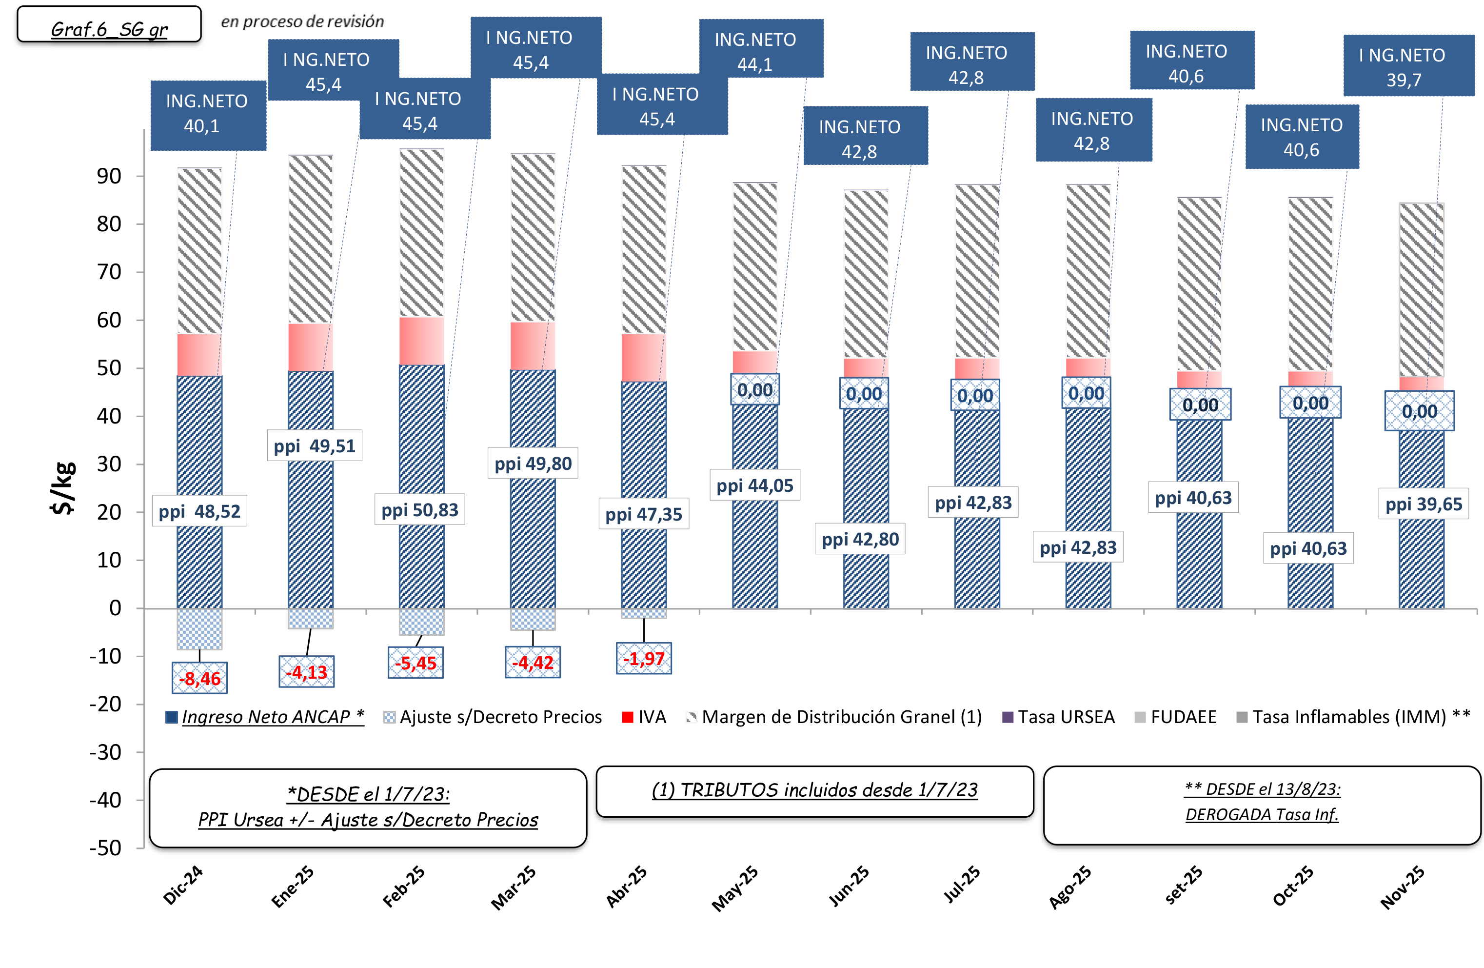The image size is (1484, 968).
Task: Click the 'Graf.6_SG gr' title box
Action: (x=109, y=25)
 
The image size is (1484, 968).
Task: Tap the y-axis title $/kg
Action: (x=63, y=488)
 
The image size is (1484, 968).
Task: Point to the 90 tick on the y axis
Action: (x=109, y=177)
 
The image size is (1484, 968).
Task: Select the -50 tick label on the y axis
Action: (x=105, y=848)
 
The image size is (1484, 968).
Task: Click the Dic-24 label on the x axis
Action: (x=183, y=885)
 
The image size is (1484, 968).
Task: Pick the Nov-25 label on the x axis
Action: (x=1403, y=887)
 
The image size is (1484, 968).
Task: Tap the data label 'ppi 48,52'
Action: (x=199, y=511)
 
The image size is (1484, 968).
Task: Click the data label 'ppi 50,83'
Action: (x=419, y=510)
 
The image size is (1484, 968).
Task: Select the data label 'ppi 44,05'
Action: (x=754, y=485)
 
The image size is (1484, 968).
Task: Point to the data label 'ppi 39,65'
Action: (x=1424, y=504)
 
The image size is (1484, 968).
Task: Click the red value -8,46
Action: (x=199, y=678)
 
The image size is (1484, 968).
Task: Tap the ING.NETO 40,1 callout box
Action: (x=208, y=114)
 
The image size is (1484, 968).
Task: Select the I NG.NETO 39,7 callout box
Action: (x=1408, y=67)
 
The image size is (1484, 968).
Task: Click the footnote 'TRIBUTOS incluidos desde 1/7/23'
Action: (x=814, y=790)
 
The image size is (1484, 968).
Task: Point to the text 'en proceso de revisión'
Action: (x=302, y=22)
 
